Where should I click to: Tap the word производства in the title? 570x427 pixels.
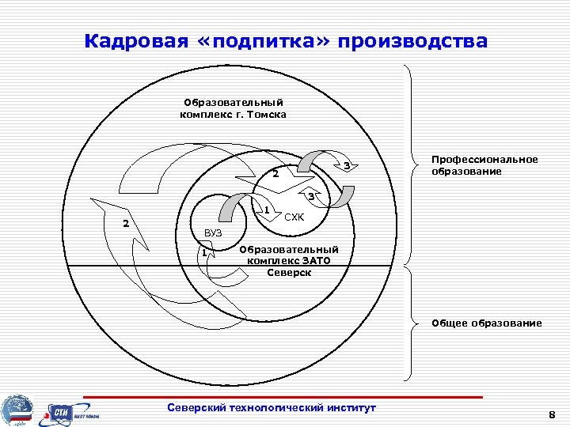(x=412, y=40)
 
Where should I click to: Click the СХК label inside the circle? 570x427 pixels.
(x=294, y=217)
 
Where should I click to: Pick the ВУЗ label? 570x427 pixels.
(x=213, y=233)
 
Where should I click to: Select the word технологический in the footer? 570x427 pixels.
(x=283, y=407)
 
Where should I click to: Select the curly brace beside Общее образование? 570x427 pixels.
(x=412, y=323)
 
